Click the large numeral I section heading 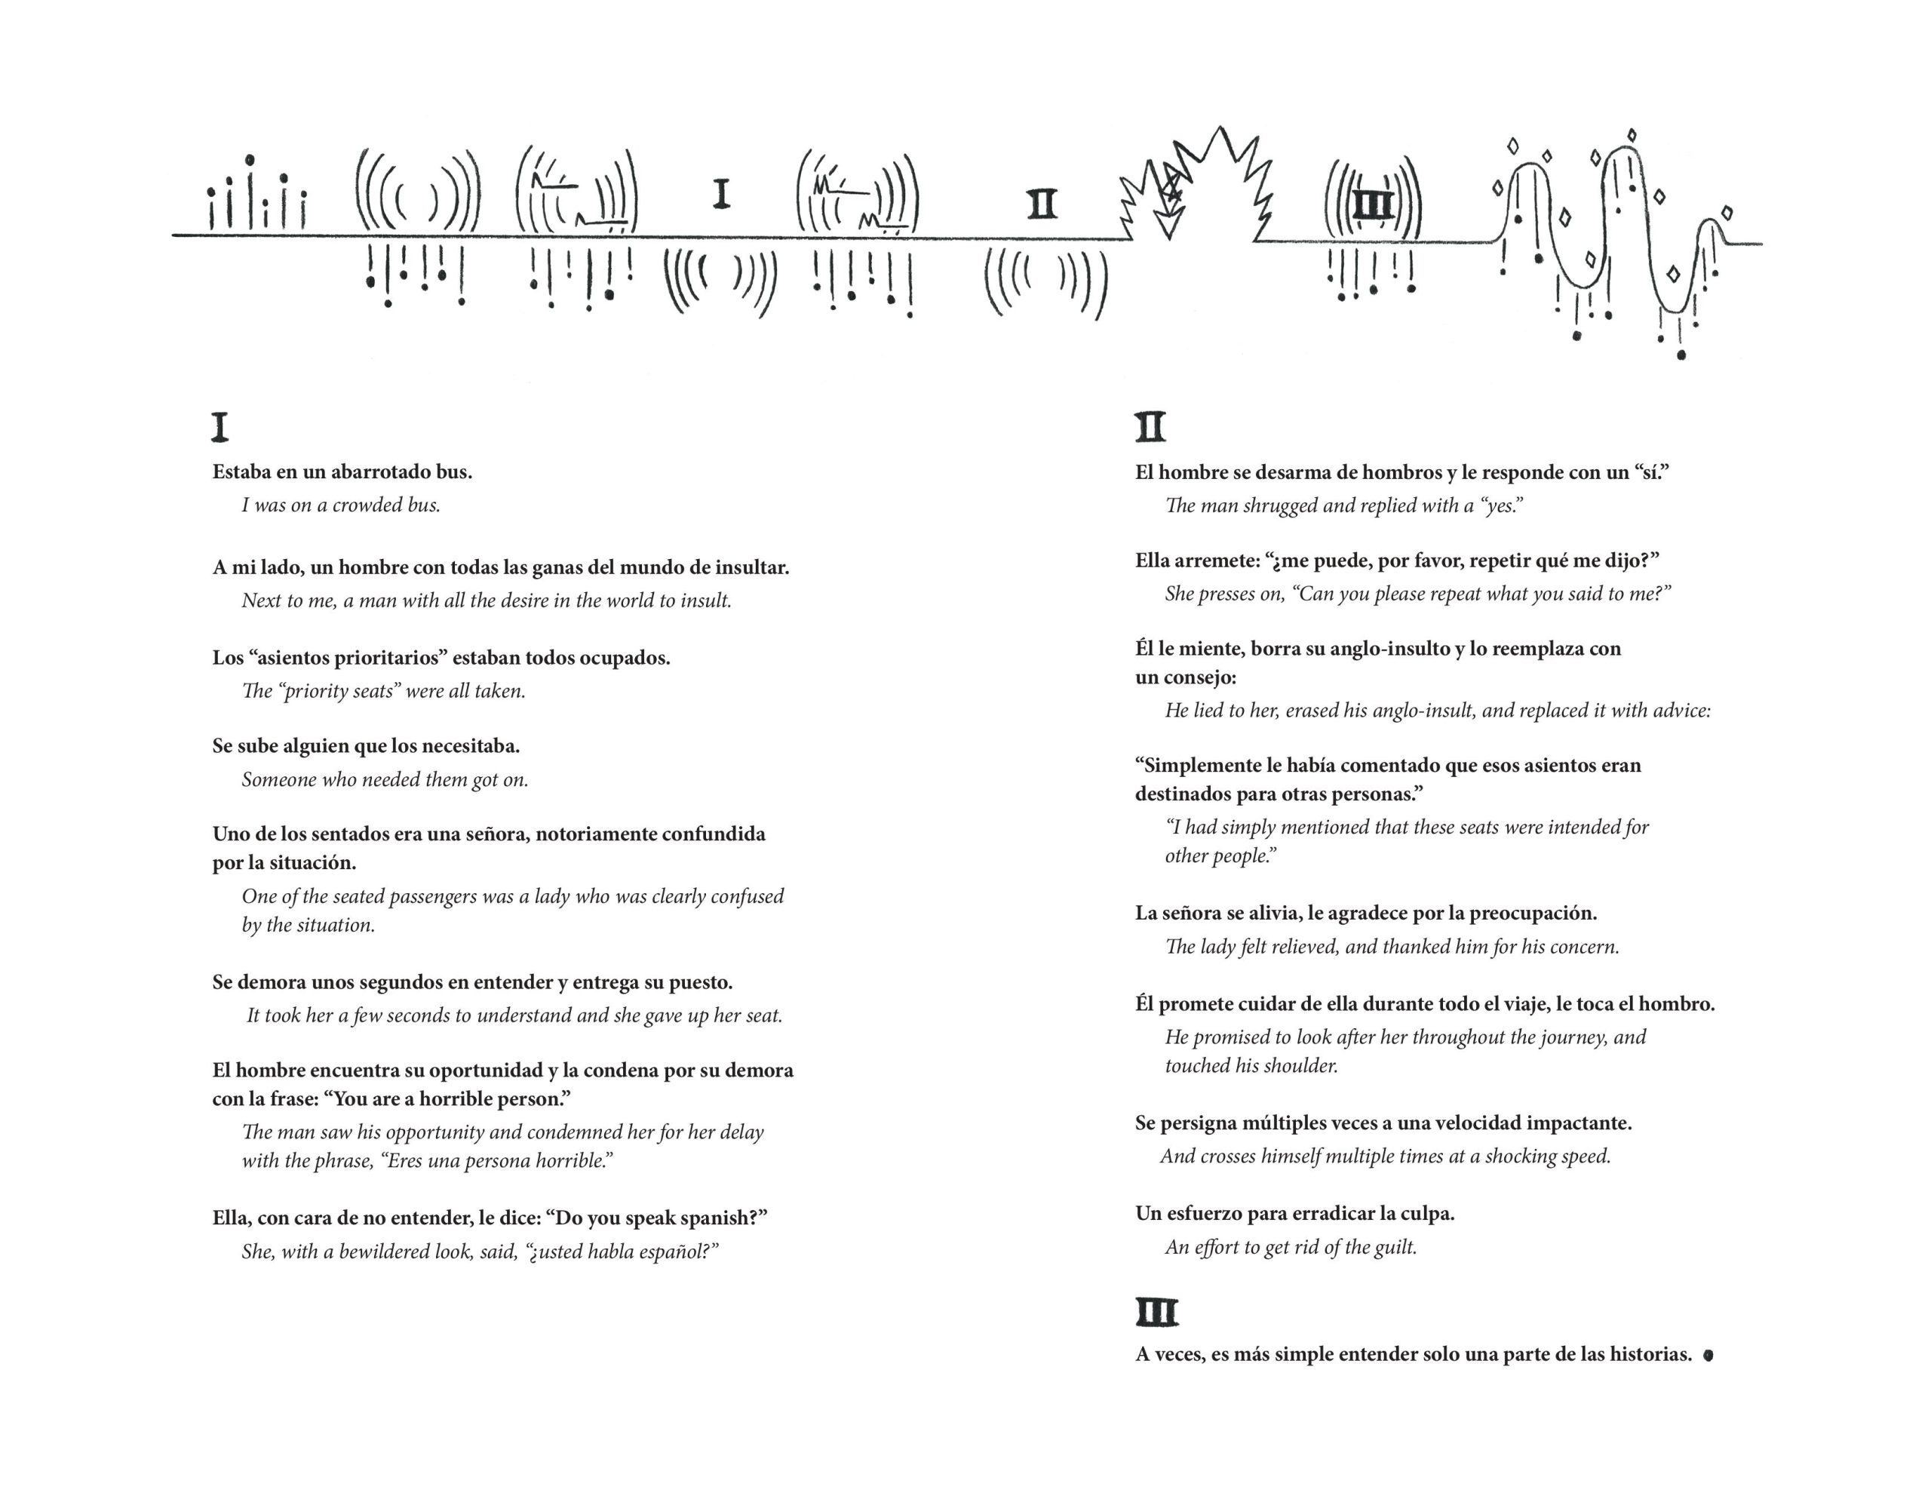tap(220, 427)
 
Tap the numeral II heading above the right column tap(1150, 427)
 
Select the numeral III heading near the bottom tap(1156, 1313)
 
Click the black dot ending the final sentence tap(1708, 1354)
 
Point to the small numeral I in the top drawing tap(721, 194)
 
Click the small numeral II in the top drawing tap(1042, 204)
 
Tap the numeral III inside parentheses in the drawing tap(1373, 206)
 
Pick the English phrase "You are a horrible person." tap(447, 1099)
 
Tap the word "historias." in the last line tap(1650, 1354)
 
